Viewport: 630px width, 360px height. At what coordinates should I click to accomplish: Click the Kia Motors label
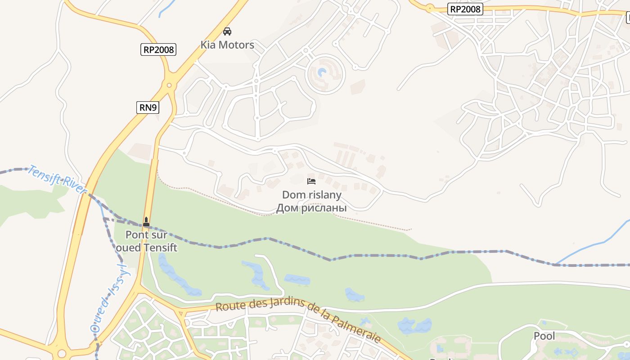coord(227,45)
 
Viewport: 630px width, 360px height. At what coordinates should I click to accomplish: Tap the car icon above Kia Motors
coord(227,31)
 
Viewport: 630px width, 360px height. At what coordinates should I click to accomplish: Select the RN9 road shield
coord(148,107)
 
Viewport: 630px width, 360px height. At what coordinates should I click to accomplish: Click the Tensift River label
coord(57,180)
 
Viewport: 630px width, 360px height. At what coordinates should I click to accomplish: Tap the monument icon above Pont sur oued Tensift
coord(146,222)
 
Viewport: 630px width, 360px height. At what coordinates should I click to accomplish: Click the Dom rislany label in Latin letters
coord(311,195)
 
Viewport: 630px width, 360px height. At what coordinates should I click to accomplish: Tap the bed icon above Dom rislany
coord(311,181)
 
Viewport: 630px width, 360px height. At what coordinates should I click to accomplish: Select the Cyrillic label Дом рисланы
coord(311,208)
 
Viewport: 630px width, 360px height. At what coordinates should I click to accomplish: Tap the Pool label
coord(544,336)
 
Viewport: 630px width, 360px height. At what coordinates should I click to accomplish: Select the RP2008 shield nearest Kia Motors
coord(158,49)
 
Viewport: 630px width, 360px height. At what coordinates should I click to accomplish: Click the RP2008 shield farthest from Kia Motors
coord(465,9)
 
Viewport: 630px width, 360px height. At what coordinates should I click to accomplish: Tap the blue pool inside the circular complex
coord(322,72)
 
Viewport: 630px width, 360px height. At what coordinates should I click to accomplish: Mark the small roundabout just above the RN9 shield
coord(169,85)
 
